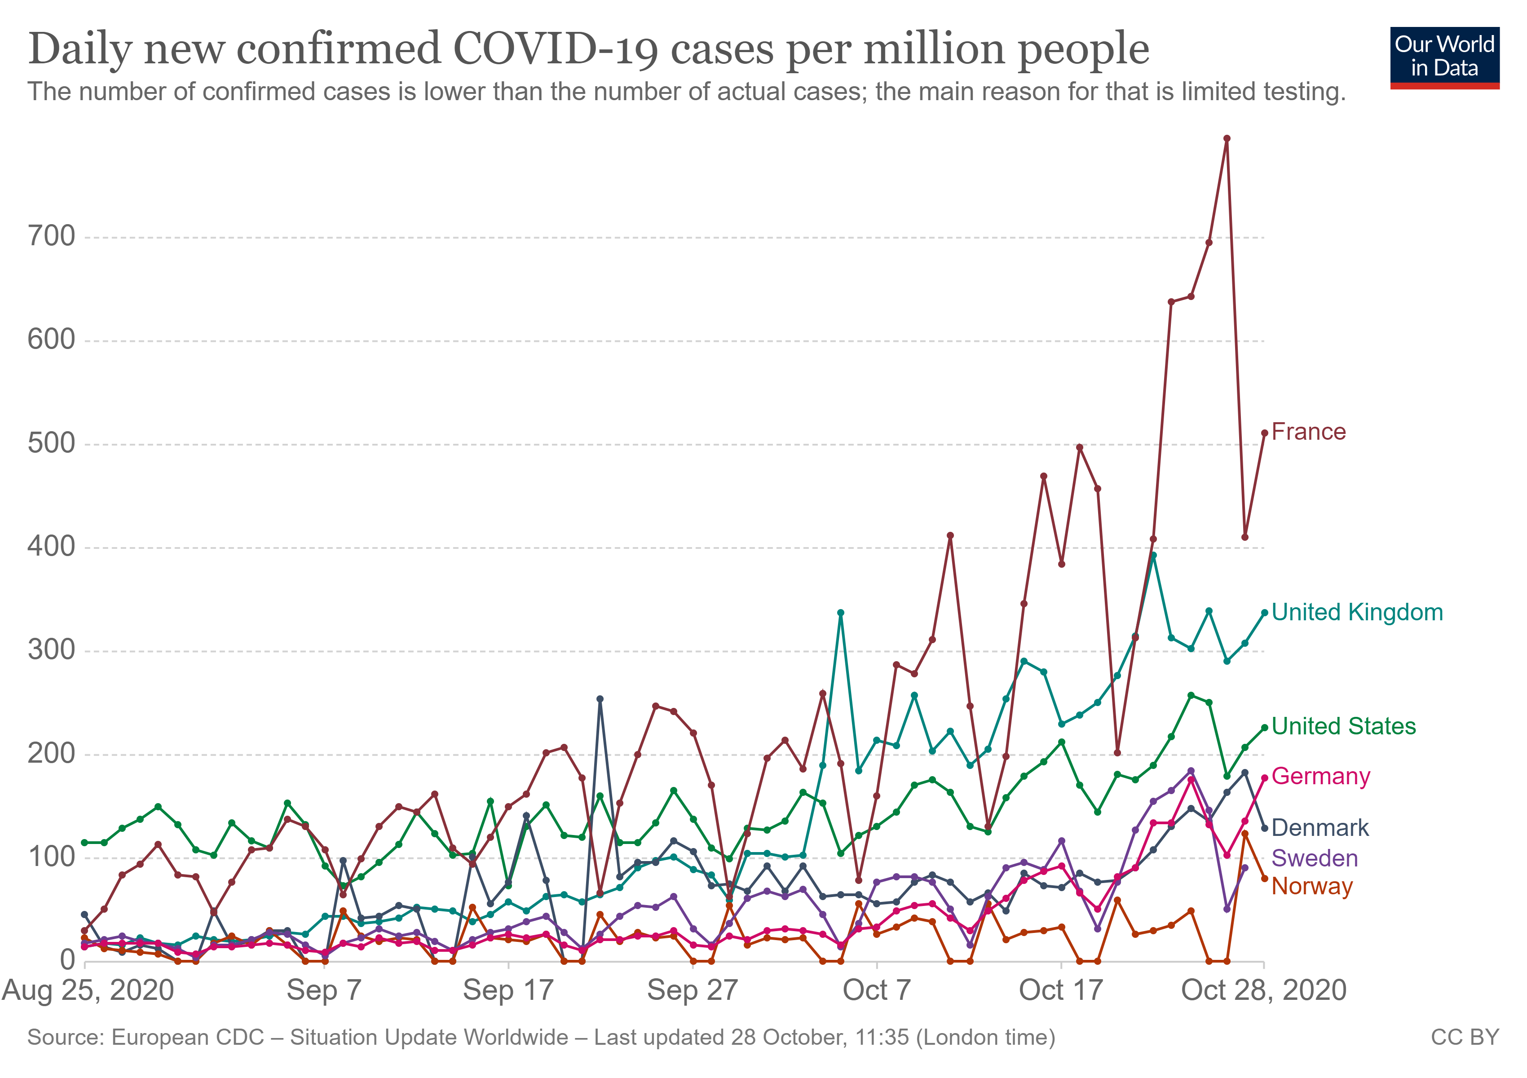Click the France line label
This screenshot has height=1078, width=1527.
(x=1308, y=432)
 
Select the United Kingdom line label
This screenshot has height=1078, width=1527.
(x=1357, y=613)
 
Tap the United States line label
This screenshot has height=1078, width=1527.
(x=1343, y=726)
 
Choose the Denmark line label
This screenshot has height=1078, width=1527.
(x=1320, y=828)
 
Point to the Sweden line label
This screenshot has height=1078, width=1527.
(x=1314, y=858)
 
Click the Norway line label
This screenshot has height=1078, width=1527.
(x=1311, y=887)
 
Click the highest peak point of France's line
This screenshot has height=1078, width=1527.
(x=1227, y=139)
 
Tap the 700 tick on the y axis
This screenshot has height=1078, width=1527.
(x=51, y=237)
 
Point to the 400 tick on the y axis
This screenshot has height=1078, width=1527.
(x=51, y=548)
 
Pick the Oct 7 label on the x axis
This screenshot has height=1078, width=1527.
(x=877, y=991)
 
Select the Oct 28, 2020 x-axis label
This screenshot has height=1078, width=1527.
(x=1264, y=991)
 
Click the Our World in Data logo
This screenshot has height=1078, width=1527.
(x=1444, y=57)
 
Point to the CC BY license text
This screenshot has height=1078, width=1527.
(x=1465, y=1038)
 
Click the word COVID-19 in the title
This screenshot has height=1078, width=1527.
(x=555, y=49)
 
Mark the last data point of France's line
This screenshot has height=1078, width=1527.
(x=1264, y=433)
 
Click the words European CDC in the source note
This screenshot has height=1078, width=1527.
(x=188, y=1038)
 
